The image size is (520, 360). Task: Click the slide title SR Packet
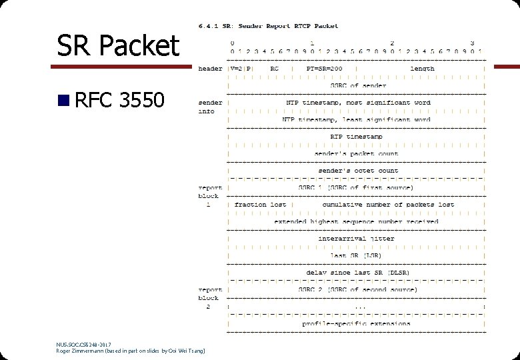(x=118, y=45)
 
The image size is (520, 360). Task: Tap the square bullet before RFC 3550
(x=63, y=101)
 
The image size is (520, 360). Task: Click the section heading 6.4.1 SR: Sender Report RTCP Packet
(x=268, y=26)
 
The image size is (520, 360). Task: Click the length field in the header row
(x=422, y=69)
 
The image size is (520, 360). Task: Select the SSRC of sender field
(x=358, y=85)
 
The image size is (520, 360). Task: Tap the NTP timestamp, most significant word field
(x=357, y=103)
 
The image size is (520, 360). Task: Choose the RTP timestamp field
(x=357, y=137)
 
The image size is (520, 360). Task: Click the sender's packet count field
(x=357, y=153)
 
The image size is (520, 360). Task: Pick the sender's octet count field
(x=357, y=171)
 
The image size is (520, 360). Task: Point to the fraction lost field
(x=260, y=205)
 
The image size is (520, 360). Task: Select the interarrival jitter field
(x=357, y=238)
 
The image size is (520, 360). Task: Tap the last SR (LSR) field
(x=357, y=255)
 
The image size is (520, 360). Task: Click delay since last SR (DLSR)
(x=357, y=273)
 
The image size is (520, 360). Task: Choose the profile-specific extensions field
(x=357, y=324)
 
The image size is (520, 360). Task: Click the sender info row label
(x=210, y=107)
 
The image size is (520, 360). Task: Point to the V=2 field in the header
(x=237, y=69)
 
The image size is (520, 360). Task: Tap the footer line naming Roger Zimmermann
(x=131, y=350)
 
